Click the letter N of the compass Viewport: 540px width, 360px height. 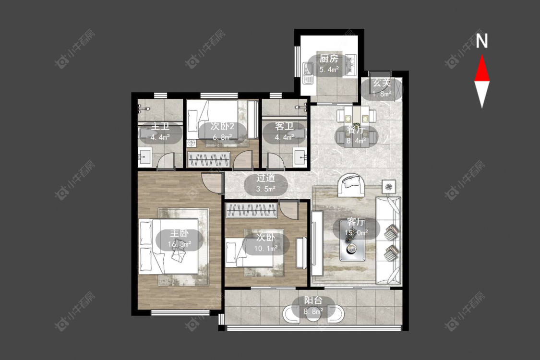482,40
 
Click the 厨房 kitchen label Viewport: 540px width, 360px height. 329,59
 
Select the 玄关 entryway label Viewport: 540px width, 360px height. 382,83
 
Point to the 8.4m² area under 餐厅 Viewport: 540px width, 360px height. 356,141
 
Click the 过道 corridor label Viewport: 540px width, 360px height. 265,178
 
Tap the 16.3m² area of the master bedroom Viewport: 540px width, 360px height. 180,245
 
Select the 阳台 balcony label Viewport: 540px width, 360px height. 313,300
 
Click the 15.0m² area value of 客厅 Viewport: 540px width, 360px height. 357,233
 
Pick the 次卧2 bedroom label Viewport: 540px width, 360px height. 222,126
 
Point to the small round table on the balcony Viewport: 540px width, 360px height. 312,315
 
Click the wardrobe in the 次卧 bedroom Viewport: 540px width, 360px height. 251,211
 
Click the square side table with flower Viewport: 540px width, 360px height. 389,187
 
